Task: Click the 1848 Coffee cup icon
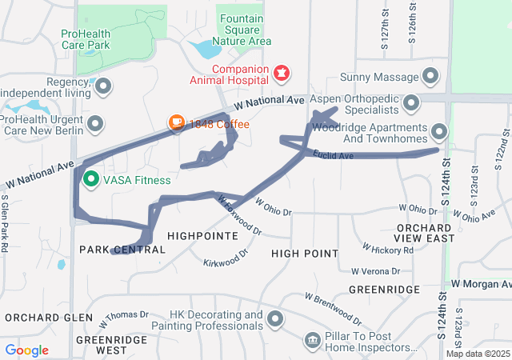click(176, 123)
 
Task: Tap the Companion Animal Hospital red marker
click(281, 74)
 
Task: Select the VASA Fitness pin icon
click(91, 178)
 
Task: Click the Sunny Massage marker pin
click(431, 77)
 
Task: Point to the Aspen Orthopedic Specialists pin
click(412, 102)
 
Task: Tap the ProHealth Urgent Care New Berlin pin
click(95, 123)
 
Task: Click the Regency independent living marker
click(103, 85)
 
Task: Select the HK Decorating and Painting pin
click(276, 319)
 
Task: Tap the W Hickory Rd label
click(388, 250)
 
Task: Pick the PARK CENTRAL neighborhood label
click(122, 250)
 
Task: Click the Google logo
click(26, 350)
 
